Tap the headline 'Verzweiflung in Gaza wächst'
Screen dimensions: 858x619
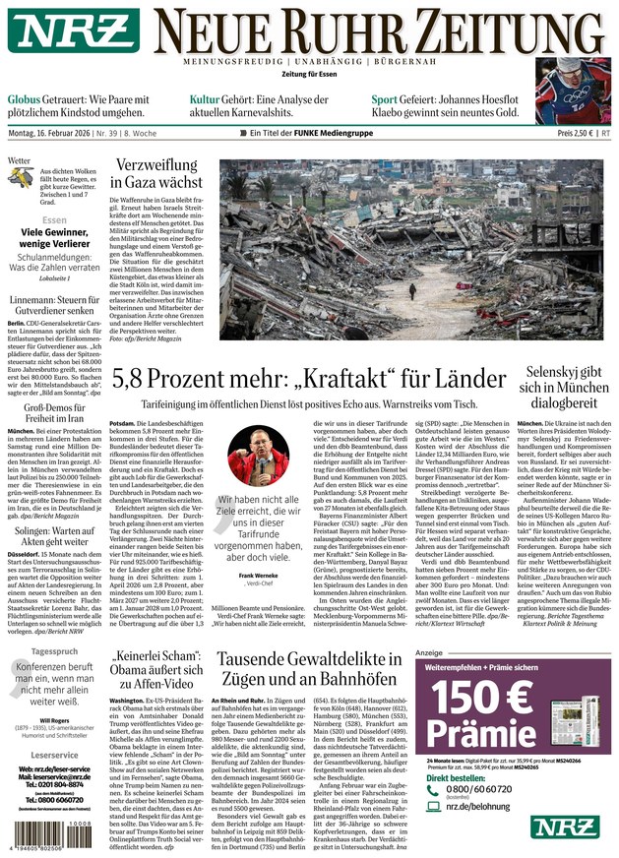tap(157, 172)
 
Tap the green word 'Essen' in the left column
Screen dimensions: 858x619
tap(55, 220)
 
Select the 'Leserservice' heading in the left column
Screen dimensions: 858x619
tap(54, 757)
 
